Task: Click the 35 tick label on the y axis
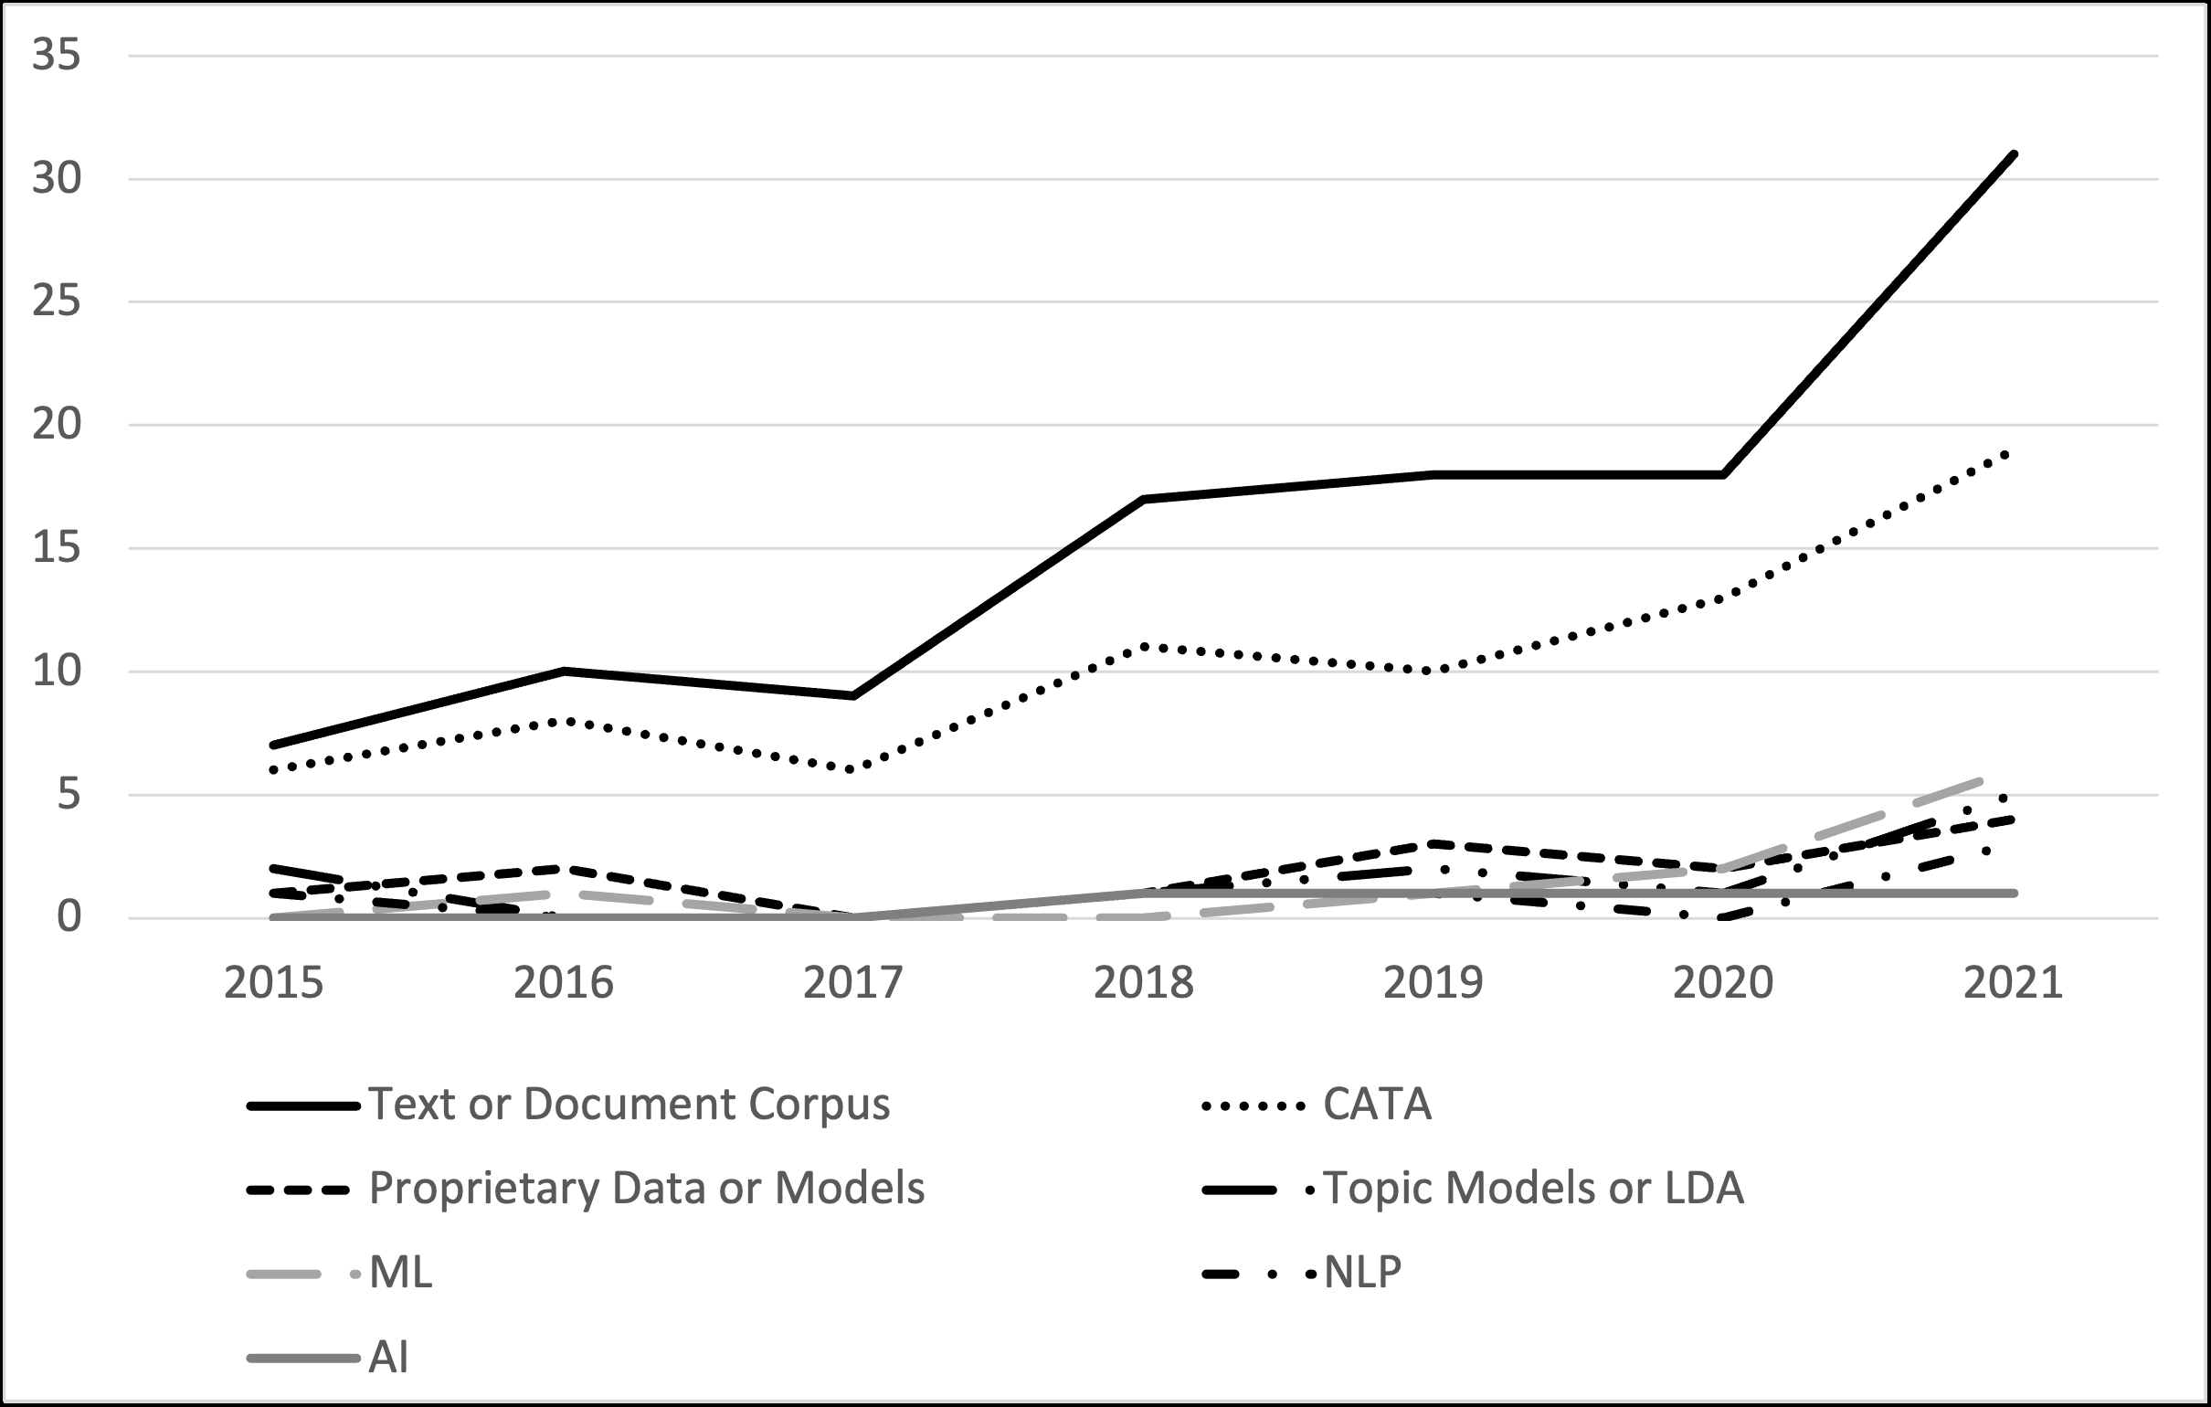click(x=57, y=56)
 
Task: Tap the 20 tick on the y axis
click(x=57, y=425)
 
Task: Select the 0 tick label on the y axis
click(x=69, y=917)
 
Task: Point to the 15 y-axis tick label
click(x=57, y=548)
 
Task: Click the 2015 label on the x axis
click(x=273, y=984)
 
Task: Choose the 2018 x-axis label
click(x=1143, y=984)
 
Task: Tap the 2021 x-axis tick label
click(x=2013, y=984)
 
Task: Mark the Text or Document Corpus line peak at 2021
click(x=2014, y=154)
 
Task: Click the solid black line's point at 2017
click(x=854, y=696)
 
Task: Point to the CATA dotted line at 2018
click(x=1144, y=647)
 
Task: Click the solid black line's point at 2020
click(x=1723, y=475)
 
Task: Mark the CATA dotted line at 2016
click(x=564, y=721)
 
